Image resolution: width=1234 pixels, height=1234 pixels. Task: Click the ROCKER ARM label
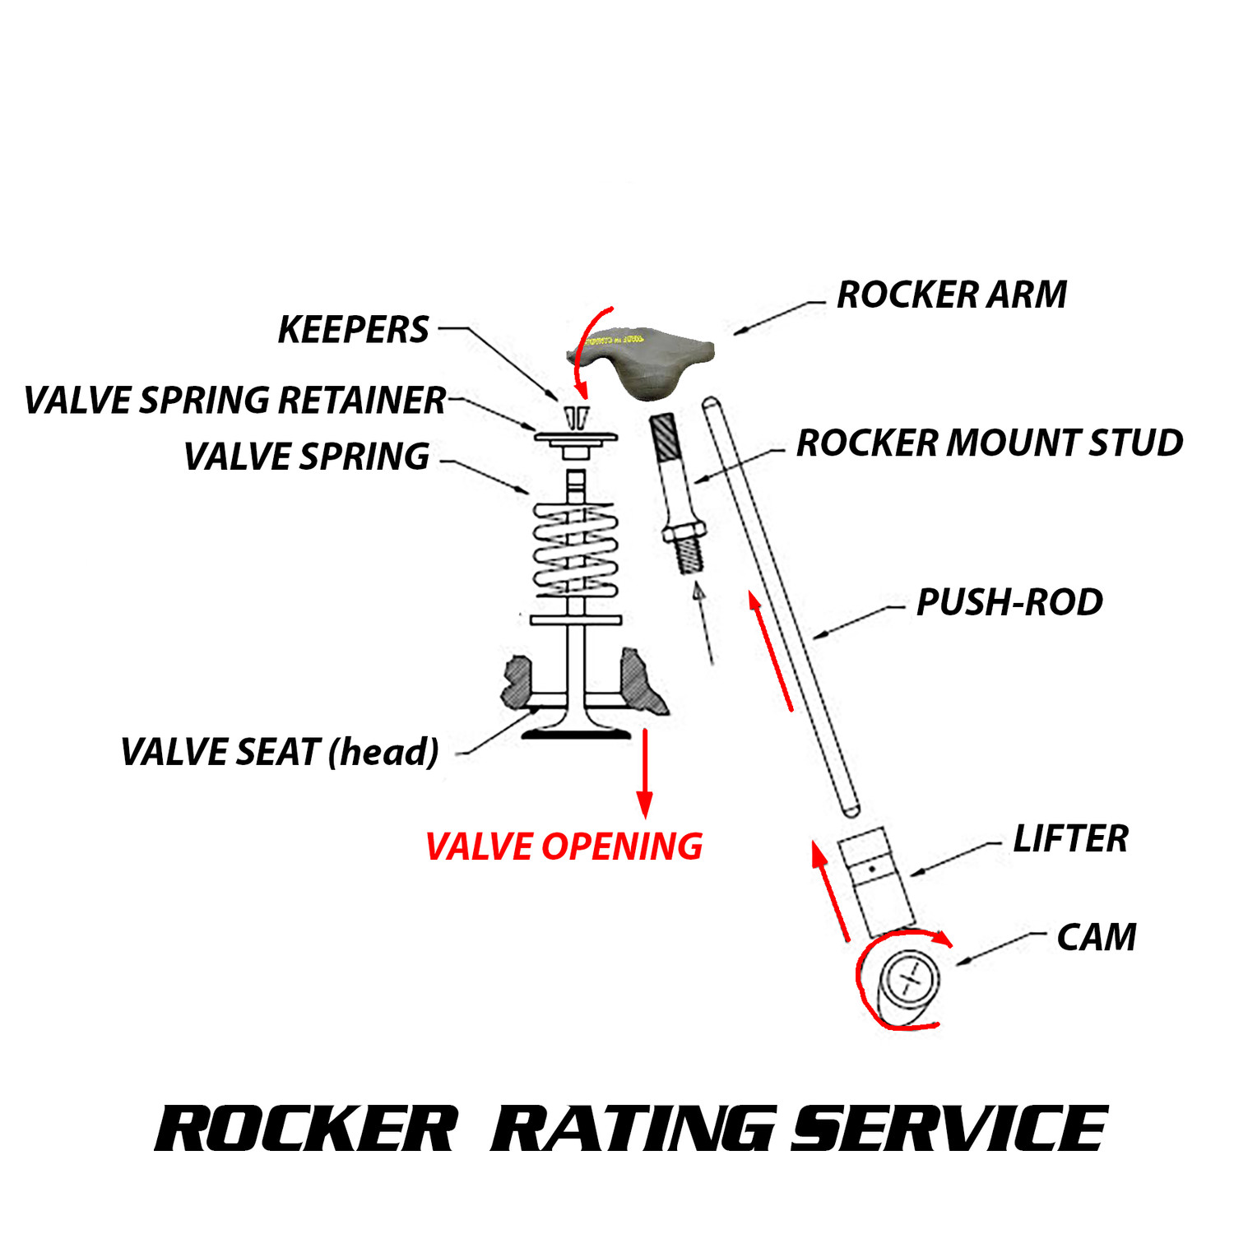[x=951, y=295]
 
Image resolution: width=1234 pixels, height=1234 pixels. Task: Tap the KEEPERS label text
[x=353, y=330]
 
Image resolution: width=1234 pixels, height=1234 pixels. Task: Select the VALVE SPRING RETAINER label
[x=234, y=401]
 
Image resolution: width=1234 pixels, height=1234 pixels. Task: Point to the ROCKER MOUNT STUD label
[x=989, y=443]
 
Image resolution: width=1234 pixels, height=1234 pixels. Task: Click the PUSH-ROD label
[x=1009, y=602]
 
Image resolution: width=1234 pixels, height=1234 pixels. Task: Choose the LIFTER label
[x=1070, y=839]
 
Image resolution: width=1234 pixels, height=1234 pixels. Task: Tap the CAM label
[x=1097, y=937]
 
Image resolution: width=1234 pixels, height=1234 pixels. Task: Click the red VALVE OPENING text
[x=564, y=847]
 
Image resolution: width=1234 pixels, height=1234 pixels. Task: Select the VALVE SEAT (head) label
[x=280, y=752]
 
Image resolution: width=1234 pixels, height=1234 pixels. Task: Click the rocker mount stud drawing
[x=678, y=494]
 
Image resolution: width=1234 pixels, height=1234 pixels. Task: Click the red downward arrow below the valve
[x=645, y=773]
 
